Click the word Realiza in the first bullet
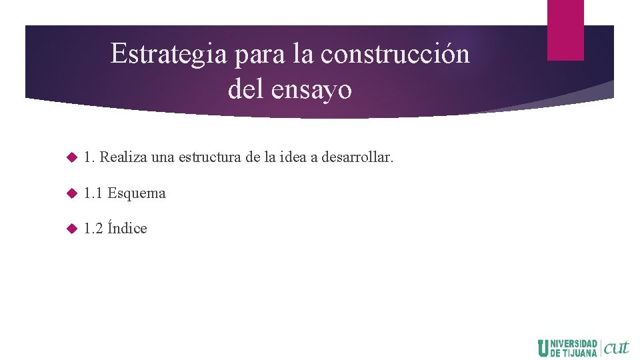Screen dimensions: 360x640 click(x=123, y=158)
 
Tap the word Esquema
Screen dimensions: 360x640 click(x=137, y=193)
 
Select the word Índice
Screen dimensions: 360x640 click(x=127, y=228)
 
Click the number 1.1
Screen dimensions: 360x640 click(x=93, y=193)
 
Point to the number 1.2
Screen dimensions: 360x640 click(x=93, y=229)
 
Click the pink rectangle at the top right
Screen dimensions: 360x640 click(x=565, y=29)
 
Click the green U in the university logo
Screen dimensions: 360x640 click(x=543, y=348)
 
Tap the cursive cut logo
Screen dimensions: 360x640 click(x=615, y=347)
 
